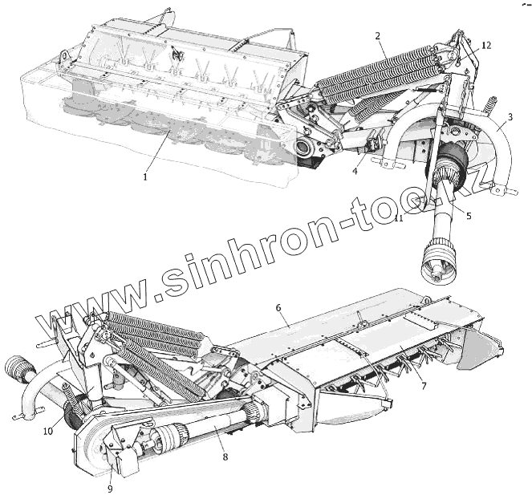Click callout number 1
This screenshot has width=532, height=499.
click(x=144, y=176)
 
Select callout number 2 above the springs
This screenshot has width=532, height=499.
click(x=378, y=35)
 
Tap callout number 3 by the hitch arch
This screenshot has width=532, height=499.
click(x=510, y=116)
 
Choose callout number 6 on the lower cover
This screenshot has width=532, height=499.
click(x=278, y=307)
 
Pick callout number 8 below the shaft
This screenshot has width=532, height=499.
click(x=225, y=456)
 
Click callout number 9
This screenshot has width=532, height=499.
click(x=110, y=488)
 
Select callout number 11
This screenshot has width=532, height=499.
click(x=398, y=218)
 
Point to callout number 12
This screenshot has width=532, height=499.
click(x=486, y=45)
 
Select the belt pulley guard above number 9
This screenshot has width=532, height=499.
click(x=100, y=445)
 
